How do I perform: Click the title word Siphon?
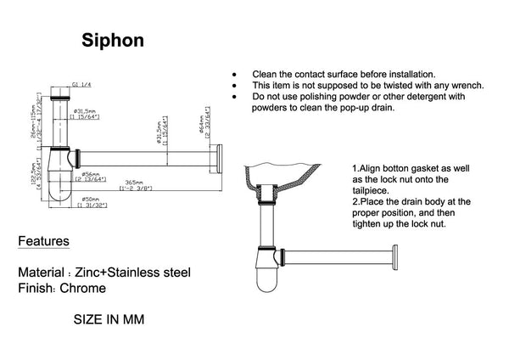pyautogui.click(x=113, y=40)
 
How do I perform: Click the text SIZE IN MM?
pyautogui.click(x=109, y=319)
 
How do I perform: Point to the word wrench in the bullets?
pyautogui.click(x=465, y=85)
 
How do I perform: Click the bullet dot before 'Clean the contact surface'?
pyautogui.click(x=233, y=75)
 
